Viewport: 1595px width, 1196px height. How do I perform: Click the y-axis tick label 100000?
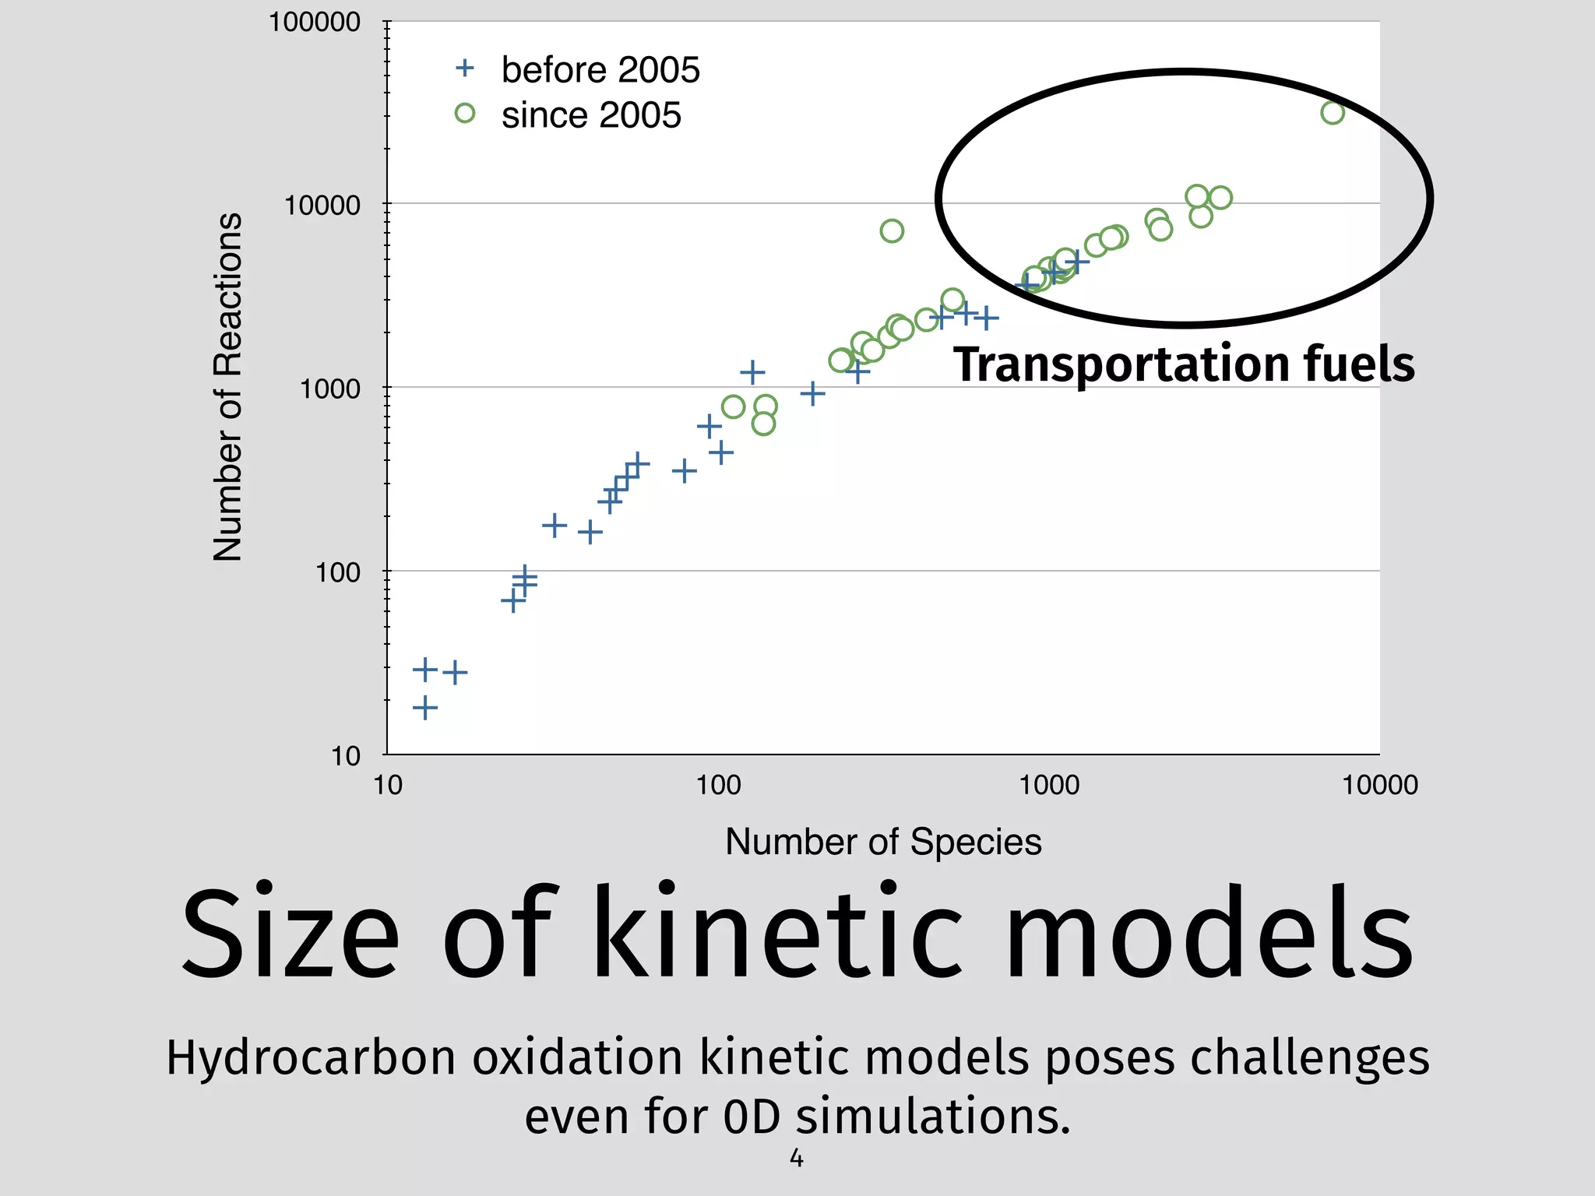[x=314, y=22]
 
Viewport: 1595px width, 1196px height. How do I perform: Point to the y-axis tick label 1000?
[x=330, y=388]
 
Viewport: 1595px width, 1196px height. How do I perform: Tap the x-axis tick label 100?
[x=718, y=784]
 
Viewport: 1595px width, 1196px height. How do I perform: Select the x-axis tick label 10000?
[x=1379, y=784]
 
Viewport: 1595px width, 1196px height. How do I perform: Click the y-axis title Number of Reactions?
[x=227, y=386]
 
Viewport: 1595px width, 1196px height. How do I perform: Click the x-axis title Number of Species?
[x=883, y=842]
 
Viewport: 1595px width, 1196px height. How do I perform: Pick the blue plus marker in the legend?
[x=465, y=69]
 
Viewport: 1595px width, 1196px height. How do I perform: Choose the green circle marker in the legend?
[x=465, y=114]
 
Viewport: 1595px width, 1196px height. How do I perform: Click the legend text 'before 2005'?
[x=600, y=70]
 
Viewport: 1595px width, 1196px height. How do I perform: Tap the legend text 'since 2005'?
[x=591, y=115]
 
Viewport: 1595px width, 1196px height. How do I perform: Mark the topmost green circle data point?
[x=1333, y=113]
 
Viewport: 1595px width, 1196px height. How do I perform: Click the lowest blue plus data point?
[x=424, y=708]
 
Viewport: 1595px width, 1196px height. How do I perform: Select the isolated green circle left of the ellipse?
[x=892, y=230]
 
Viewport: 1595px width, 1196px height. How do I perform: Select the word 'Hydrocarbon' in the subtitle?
[x=311, y=1059]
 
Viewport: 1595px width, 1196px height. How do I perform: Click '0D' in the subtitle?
[x=752, y=1117]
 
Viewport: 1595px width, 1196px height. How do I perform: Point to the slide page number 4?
[x=797, y=1159]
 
